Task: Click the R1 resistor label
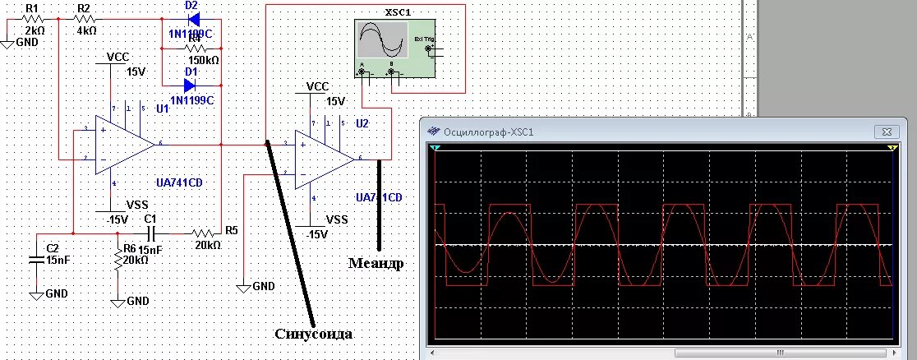pos(32,7)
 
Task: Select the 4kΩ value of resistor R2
pos(86,30)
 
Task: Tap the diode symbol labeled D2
pos(191,19)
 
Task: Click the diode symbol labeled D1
pos(191,84)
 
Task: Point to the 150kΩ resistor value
pos(203,60)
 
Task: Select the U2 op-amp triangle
pos(324,157)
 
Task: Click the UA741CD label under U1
pos(178,182)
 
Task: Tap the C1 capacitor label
pos(150,219)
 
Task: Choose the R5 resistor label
pos(231,230)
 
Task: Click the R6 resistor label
pos(129,248)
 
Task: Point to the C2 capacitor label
pos(53,247)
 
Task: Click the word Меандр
pos(376,263)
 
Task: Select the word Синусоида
pos(315,333)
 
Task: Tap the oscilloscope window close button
pos(886,131)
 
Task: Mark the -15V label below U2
pos(316,234)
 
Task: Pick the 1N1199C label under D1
pos(193,100)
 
